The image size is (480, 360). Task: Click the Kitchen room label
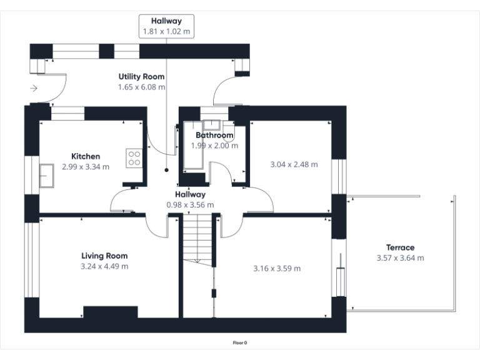tap(86, 156)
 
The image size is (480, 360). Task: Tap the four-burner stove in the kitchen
tap(134, 157)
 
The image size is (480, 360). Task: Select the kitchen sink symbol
tap(46, 174)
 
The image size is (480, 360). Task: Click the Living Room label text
tap(104, 256)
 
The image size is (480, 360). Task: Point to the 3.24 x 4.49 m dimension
tap(104, 266)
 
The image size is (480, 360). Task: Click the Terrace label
tap(400, 247)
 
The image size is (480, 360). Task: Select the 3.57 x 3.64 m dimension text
tap(400, 258)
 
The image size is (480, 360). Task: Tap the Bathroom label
tap(214, 135)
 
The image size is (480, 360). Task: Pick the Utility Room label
tap(142, 76)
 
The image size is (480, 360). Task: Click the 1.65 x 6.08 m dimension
tap(142, 87)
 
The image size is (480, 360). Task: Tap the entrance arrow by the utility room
tap(34, 89)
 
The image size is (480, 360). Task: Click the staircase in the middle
tap(198, 237)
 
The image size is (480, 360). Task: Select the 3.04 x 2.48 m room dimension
tap(294, 165)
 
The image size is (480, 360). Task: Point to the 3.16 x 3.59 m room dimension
tap(277, 269)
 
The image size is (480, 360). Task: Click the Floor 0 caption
tap(240, 342)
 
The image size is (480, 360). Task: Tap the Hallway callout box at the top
tap(166, 26)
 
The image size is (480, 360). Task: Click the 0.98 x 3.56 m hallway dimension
tap(190, 204)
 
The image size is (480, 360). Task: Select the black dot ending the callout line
tap(166, 169)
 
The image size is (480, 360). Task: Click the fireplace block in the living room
tap(111, 312)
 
